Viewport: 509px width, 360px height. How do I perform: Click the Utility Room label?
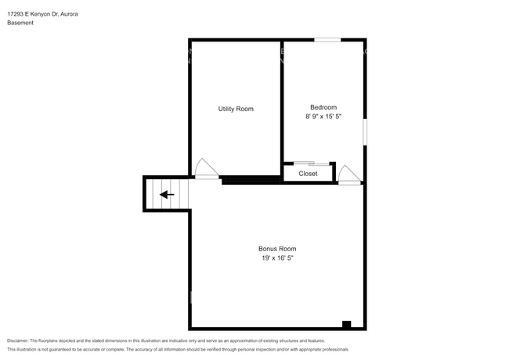tap(236, 109)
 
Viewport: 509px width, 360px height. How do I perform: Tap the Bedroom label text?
tap(323, 107)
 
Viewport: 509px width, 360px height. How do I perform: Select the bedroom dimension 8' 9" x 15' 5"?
tap(323, 117)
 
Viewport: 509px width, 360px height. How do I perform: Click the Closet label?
tap(308, 174)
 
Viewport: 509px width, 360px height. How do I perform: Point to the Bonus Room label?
tap(277, 249)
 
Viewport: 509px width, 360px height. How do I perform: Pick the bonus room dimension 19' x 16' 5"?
tap(277, 258)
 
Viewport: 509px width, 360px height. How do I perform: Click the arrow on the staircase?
tap(167, 194)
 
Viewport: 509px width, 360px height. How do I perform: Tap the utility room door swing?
tap(205, 168)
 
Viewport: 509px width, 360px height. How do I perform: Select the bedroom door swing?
tap(348, 175)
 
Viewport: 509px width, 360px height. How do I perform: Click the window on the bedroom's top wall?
tap(327, 39)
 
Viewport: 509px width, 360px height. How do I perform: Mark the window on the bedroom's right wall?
tap(365, 131)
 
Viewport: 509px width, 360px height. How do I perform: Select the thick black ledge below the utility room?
tap(251, 181)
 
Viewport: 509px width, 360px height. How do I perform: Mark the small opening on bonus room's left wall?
tap(191, 297)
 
